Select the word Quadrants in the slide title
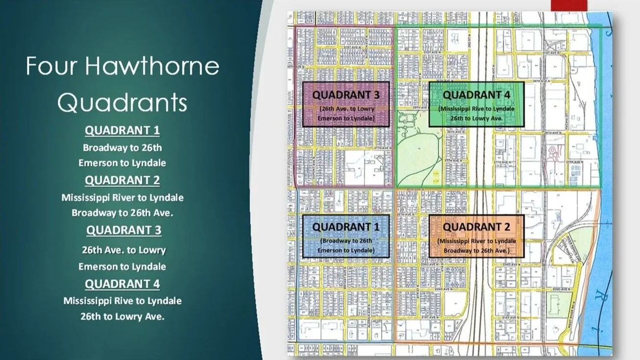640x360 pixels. click(x=122, y=103)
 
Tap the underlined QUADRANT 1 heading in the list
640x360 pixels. click(x=122, y=131)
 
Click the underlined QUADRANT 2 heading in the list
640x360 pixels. click(x=122, y=180)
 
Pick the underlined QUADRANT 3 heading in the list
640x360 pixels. click(x=124, y=230)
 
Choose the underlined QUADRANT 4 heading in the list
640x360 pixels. click(x=122, y=284)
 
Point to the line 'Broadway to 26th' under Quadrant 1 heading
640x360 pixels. click(x=122, y=148)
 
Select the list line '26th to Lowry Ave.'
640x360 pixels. click(x=122, y=316)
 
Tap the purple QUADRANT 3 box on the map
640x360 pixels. click(x=346, y=104)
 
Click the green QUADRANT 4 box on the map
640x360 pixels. click(x=476, y=104)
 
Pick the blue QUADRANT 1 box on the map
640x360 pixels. click(x=346, y=236)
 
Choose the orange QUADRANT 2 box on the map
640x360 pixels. click(x=476, y=236)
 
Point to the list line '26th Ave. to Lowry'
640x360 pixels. click(x=124, y=250)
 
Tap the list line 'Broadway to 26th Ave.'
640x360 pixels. click(x=122, y=213)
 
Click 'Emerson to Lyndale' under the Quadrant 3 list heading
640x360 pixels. click(x=122, y=267)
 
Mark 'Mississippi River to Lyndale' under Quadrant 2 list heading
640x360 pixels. click(x=122, y=198)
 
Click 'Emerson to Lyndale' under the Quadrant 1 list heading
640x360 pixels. click(x=122, y=163)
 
